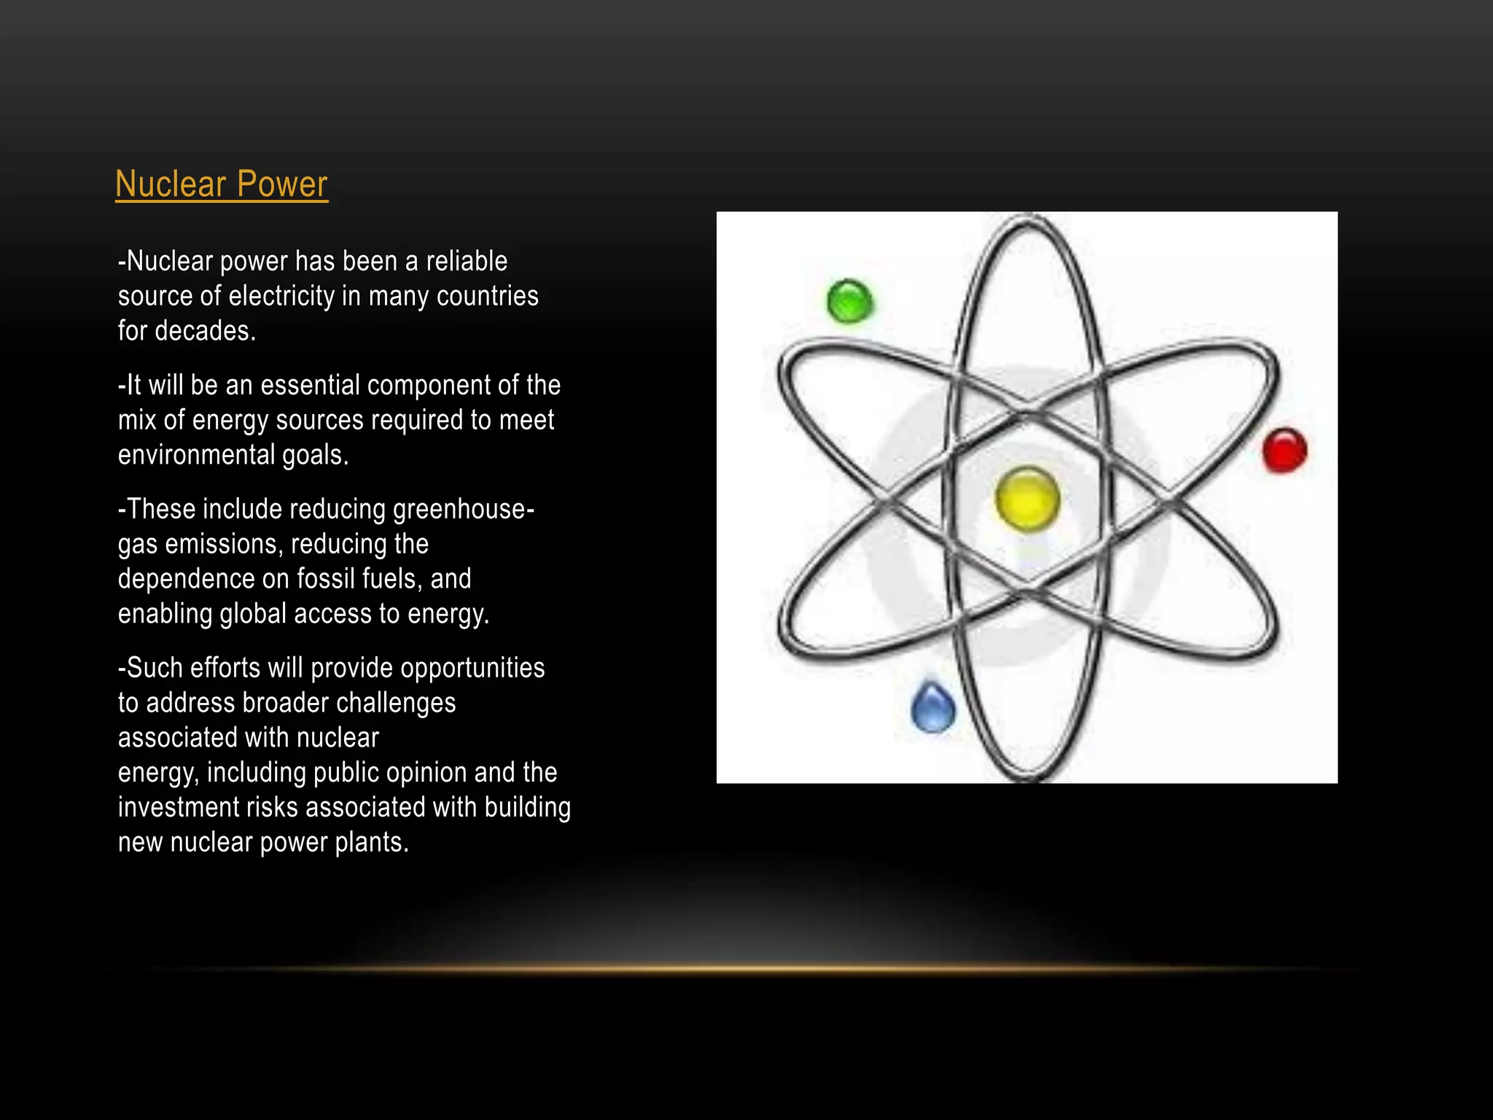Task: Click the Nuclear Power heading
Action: (x=222, y=184)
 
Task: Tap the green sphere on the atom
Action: (x=850, y=300)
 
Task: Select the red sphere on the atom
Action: (x=1285, y=450)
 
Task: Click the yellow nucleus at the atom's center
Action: (x=1027, y=499)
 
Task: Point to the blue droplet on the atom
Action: (x=933, y=707)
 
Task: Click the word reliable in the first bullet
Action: (x=467, y=261)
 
